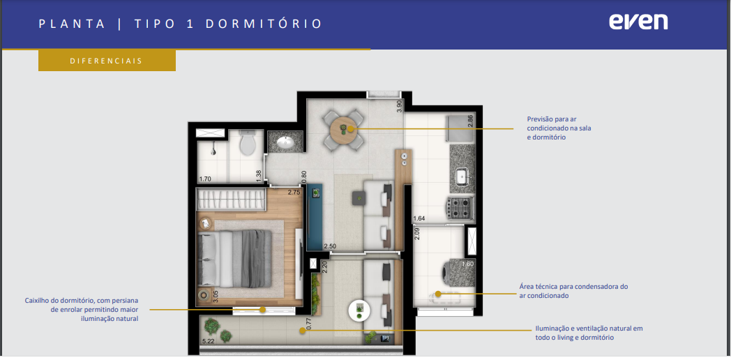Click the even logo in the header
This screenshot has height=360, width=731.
pyautogui.click(x=638, y=22)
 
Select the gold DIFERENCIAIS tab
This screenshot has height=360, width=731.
pyautogui.click(x=107, y=61)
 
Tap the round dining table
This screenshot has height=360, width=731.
pyautogui.click(x=344, y=129)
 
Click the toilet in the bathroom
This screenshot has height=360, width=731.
pyautogui.click(x=247, y=142)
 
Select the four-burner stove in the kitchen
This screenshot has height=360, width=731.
pyautogui.click(x=462, y=208)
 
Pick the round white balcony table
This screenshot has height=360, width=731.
pyautogui.click(x=359, y=309)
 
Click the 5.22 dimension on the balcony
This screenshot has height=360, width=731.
pyautogui.click(x=208, y=341)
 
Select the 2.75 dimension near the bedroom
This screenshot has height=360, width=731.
pyautogui.click(x=294, y=192)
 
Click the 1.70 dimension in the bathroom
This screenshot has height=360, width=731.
pyautogui.click(x=205, y=179)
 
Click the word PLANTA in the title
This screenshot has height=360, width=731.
pyautogui.click(x=73, y=24)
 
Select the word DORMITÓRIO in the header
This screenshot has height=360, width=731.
pyautogui.click(x=264, y=24)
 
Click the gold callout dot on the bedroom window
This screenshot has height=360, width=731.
pyautogui.click(x=263, y=309)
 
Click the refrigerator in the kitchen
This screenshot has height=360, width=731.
pyautogui.click(x=460, y=128)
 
